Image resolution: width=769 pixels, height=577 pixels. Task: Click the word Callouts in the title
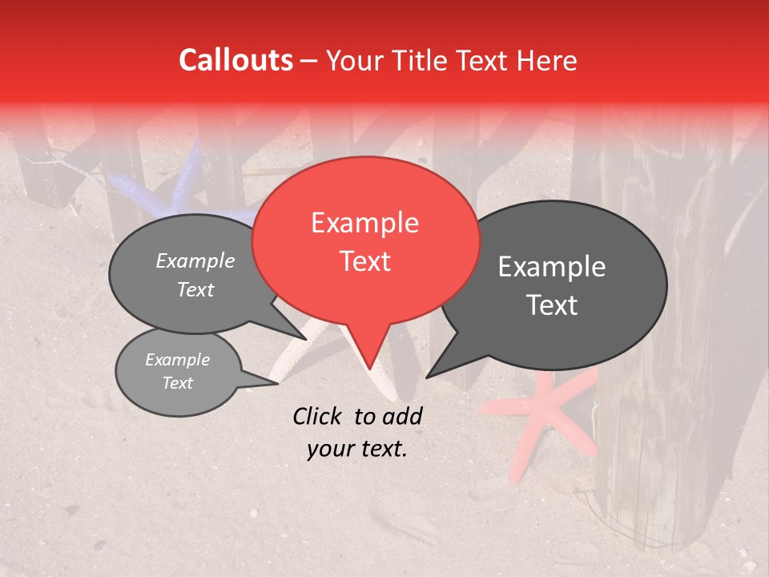click(236, 60)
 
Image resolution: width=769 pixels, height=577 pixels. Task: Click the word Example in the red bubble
click(364, 223)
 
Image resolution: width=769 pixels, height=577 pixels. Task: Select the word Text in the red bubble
click(365, 261)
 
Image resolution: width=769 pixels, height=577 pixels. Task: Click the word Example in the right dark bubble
click(552, 267)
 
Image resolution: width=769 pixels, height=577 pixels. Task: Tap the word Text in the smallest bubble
click(178, 383)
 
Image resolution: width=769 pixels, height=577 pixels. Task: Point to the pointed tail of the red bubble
click(369, 366)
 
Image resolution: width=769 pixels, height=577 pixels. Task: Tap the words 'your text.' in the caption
click(356, 449)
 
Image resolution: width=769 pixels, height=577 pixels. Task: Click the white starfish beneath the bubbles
click(296, 353)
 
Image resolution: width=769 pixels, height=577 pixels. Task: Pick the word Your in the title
click(353, 61)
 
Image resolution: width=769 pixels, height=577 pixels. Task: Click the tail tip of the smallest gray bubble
click(276, 383)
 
